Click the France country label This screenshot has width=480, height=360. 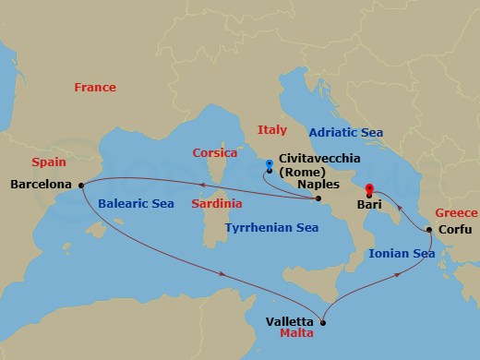pyautogui.click(x=95, y=88)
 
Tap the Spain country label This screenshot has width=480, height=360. pyautogui.click(x=48, y=161)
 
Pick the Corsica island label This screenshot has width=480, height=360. pyautogui.click(x=215, y=152)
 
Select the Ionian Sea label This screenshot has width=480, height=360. pyautogui.click(x=401, y=251)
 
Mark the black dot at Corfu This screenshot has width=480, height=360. pyautogui.click(x=429, y=230)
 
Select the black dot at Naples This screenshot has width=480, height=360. pyautogui.click(x=318, y=198)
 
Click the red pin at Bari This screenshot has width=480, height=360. pyautogui.click(x=368, y=190)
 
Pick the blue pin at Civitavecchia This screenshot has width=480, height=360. pyautogui.click(x=269, y=166)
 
